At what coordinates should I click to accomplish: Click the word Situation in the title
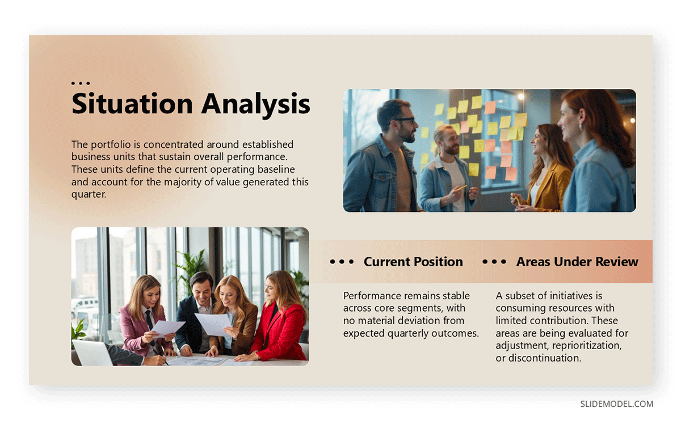coord(132,104)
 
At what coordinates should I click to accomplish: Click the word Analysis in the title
coord(256,104)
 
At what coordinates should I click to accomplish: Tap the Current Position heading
coord(413,262)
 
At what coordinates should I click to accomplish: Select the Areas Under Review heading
coord(577,262)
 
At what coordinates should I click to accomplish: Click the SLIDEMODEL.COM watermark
coord(616,404)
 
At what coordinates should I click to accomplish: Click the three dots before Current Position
coord(342,262)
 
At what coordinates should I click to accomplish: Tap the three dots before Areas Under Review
coord(494,262)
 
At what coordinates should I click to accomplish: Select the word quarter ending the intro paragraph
coord(89,194)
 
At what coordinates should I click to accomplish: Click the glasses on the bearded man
coord(404,121)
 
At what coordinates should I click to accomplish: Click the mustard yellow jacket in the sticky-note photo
coord(548,184)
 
